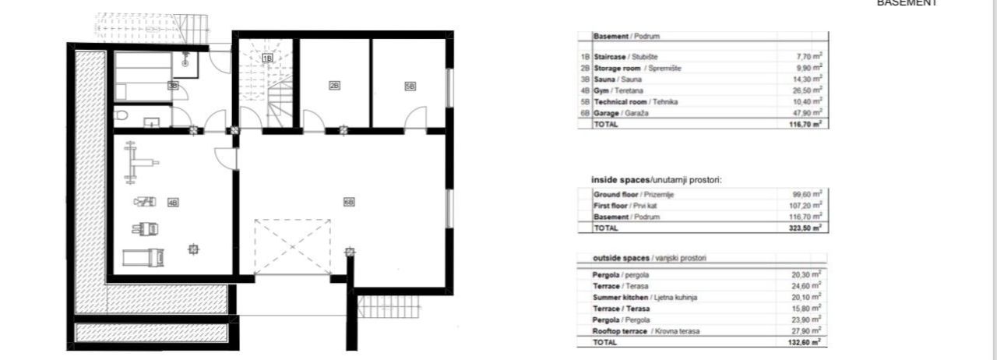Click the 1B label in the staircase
(x=267, y=58)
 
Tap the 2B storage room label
(x=334, y=86)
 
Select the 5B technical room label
(x=410, y=86)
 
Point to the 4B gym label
(x=173, y=203)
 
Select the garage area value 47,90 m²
(x=809, y=113)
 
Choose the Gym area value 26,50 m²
(x=809, y=90)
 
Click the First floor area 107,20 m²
(x=808, y=205)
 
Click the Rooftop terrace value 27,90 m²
(x=809, y=331)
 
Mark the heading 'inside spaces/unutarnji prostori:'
(x=657, y=180)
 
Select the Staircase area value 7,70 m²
(x=811, y=57)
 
